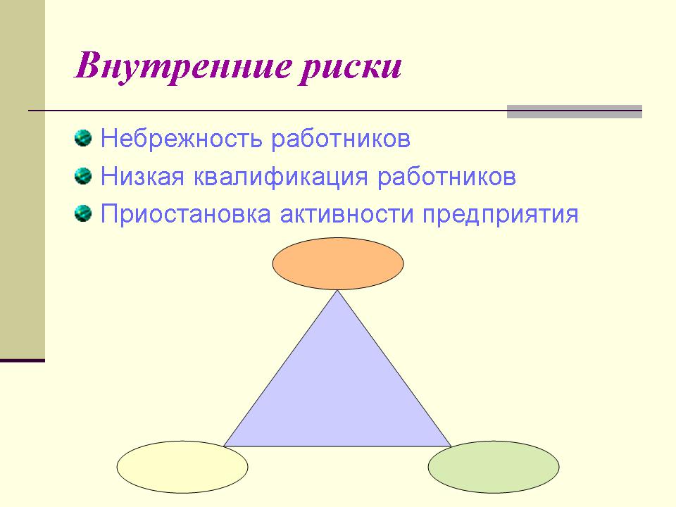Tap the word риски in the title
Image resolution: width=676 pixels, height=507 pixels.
350,68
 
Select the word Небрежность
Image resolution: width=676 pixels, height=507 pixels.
181,139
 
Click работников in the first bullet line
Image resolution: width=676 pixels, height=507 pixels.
341,139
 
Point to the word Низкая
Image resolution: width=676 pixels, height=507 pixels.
143,176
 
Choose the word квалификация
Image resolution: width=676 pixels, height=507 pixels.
281,177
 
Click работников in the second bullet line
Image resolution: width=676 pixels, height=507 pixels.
446,177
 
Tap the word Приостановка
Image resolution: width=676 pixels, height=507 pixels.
186,214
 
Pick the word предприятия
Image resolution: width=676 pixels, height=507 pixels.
500,215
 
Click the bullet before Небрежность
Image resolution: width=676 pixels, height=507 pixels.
83,139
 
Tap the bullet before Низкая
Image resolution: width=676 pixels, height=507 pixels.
83,176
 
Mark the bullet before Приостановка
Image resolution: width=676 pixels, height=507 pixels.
83,214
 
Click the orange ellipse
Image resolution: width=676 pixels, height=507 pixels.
338,263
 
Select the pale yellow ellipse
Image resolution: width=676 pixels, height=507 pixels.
182,467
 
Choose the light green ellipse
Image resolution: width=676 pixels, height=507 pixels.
494,467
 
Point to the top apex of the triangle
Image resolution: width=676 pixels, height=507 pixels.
337,291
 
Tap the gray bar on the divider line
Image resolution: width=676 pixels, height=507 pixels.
575,112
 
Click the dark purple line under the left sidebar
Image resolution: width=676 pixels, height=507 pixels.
23,361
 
